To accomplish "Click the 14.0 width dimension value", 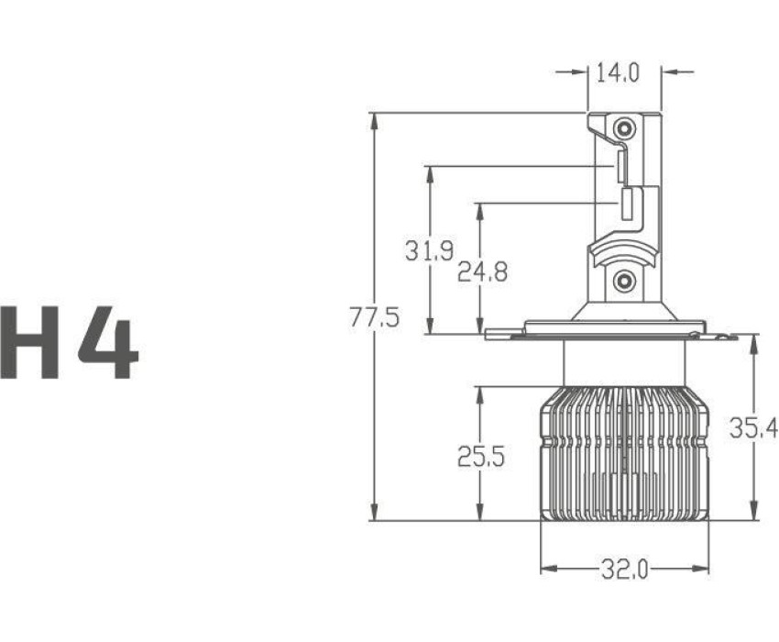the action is tap(617, 73).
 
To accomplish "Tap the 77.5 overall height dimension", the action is tap(374, 317).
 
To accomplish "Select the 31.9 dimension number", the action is tap(429, 250).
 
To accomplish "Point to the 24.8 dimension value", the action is tap(482, 271).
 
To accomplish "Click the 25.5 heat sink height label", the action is tap(481, 457).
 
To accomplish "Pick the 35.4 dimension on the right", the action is tap(753, 427).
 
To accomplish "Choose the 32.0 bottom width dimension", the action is tap(624, 569).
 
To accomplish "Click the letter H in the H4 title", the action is tap(30, 342).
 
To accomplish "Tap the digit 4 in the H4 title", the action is tap(108, 342).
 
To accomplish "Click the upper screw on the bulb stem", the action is tap(624, 128).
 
